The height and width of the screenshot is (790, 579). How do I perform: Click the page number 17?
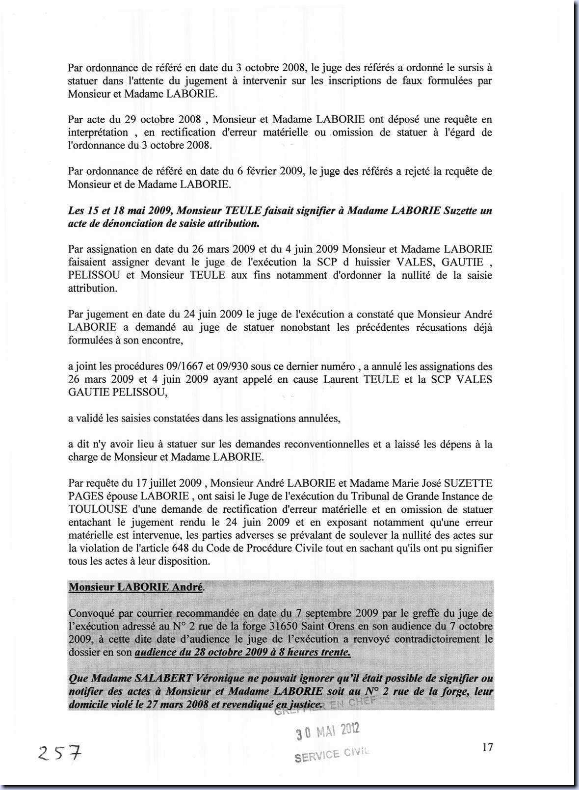487,747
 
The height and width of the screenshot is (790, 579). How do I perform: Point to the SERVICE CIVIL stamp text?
332,754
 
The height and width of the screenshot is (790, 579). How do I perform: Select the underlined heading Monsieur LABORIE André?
135,587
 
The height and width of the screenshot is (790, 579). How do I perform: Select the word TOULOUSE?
98,509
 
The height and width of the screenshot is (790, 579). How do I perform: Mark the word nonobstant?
305,327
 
